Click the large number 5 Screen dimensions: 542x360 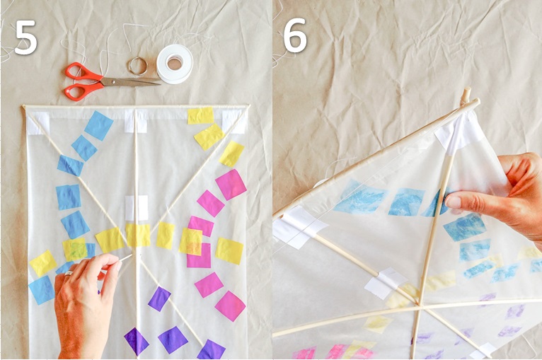[x=26, y=37]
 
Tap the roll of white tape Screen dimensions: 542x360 [x=175, y=64]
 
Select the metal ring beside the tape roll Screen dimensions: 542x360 [x=137, y=66]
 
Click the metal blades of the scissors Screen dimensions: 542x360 [x=132, y=82]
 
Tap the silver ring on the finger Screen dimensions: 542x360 [x=69, y=273]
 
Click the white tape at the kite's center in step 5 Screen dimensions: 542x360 [x=137, y=208]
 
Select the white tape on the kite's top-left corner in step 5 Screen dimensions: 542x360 [x=38, y=123]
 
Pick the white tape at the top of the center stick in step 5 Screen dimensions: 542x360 [x=136, y=121]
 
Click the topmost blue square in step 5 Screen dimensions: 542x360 [x=99, y=125]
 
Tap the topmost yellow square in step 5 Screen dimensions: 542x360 [x=201, y=115]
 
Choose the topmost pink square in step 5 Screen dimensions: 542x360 [x=231, y=185]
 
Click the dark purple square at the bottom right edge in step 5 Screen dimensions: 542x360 [x=211, y=349]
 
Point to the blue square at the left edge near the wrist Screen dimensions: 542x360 [x=42, y=290]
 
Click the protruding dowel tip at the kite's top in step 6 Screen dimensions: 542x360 [x=466, y=94]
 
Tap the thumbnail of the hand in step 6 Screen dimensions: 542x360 [x=453, y=202]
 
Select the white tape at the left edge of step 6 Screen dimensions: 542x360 [x=297, y=227]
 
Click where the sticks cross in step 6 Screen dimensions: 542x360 [x=419, y=305]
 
